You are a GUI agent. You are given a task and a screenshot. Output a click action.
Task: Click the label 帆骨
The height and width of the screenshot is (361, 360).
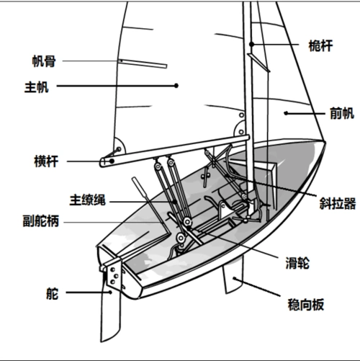tap(44, 61)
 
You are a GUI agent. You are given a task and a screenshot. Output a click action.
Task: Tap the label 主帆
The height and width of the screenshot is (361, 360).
tap(37, 87)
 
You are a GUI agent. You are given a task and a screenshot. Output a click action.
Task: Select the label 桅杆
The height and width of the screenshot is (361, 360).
tap(320, 45)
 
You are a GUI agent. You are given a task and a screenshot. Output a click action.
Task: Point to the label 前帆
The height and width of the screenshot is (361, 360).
tap(342, 113)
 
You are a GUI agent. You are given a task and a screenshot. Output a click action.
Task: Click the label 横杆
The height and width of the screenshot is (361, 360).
tap(46, 161)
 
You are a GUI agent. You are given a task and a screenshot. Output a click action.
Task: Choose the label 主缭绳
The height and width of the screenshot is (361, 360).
tap(88, 200)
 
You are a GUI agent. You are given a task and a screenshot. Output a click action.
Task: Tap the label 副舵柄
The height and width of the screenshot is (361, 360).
tap(41, 221)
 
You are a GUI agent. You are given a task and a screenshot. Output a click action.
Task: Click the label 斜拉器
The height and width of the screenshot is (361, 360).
tap(338, 203)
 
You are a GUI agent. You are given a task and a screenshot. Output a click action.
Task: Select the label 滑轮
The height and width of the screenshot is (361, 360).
tap(297, 263)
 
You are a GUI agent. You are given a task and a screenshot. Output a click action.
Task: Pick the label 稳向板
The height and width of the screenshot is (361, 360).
tap(306, 305)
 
